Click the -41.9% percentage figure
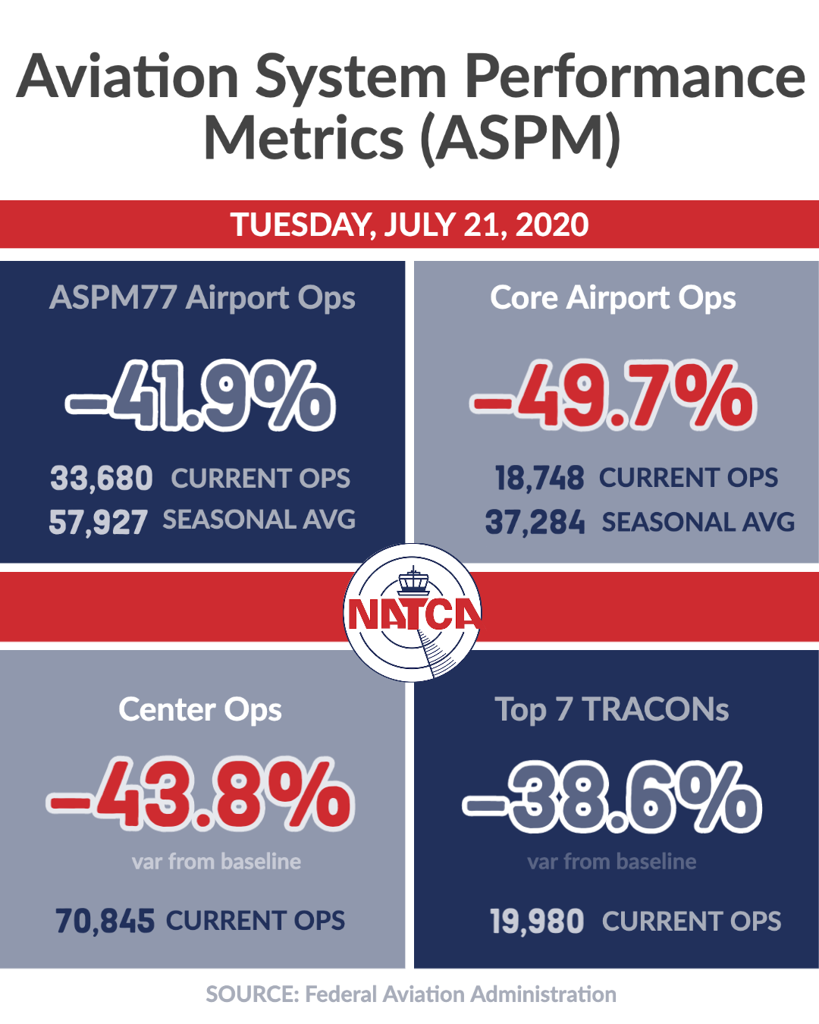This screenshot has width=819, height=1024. click(200, 396)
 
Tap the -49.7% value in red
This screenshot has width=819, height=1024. click(613, 395)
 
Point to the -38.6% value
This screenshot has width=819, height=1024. click(612, 796)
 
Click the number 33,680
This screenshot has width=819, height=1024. click(102, 478)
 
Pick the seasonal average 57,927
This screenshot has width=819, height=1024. click(99, 522)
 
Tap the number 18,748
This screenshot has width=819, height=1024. click(539, 478)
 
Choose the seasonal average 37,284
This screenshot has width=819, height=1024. click(535, 522)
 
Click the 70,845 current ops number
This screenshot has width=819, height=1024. click(105, 921)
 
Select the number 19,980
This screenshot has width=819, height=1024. click(537, 921)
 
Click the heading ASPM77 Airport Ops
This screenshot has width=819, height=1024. click(202, 298)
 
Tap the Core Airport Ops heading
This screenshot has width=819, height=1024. click(613, 298)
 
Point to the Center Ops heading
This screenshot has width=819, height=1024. click(200, 710)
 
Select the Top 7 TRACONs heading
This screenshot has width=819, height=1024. click(612, 709)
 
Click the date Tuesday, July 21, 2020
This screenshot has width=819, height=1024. click(409, 225)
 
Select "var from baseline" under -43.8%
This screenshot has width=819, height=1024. click(217, 862)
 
